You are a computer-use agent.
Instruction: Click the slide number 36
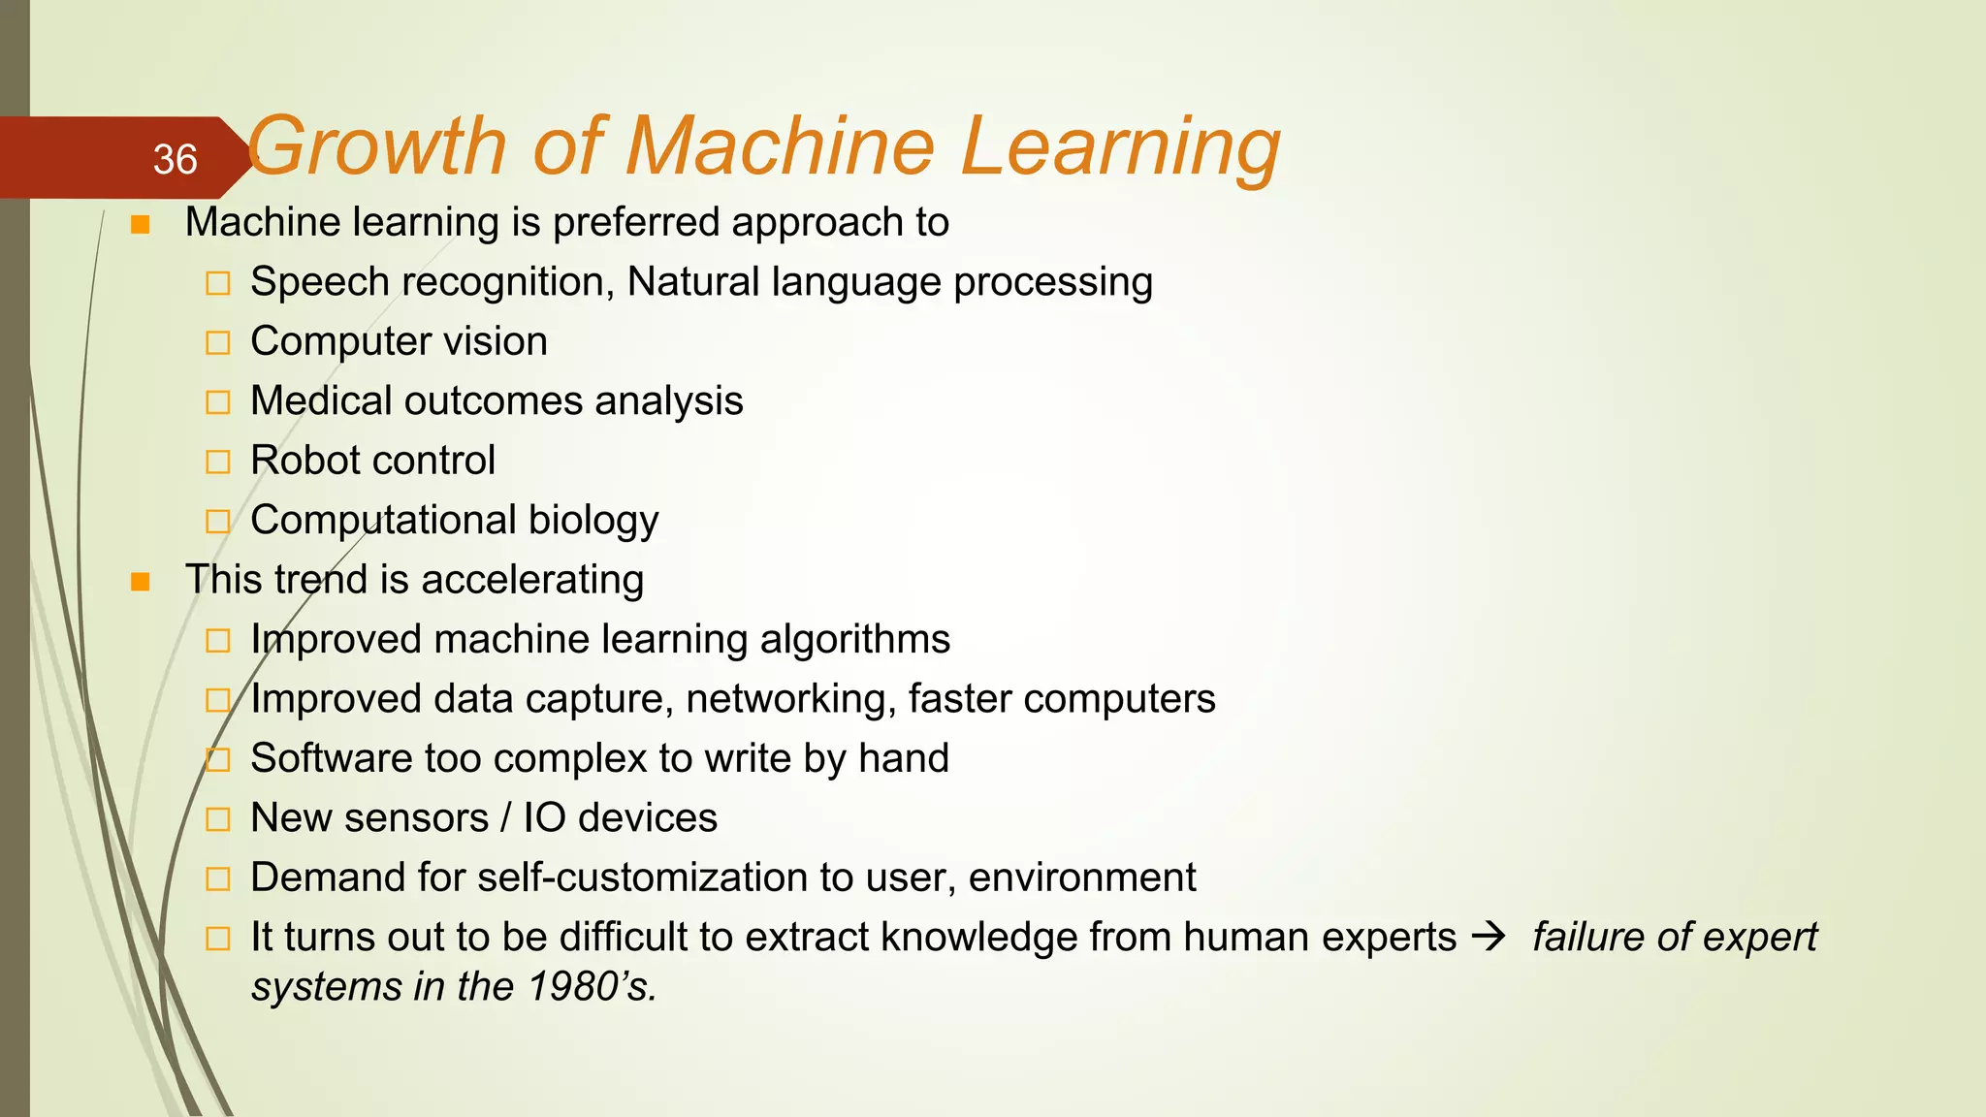pyautogui.click(x=175, y=160)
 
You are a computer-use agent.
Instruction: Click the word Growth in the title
pyautogui.click(x=376, y=147)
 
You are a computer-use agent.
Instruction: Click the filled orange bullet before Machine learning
pyautogui.click(x=141, y=225)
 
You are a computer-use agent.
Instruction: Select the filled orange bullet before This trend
pyautogui.click(x=141, y=582)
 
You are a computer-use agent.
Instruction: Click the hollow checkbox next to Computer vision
pyautogui.click(x=218, y=343)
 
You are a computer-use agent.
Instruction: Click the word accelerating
pyautogui.click(x=532, y=580)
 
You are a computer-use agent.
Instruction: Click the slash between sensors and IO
pyautogui.click(x=505, y=818)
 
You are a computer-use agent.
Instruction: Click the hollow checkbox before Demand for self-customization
pyautogui.click(x=218, y=879)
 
